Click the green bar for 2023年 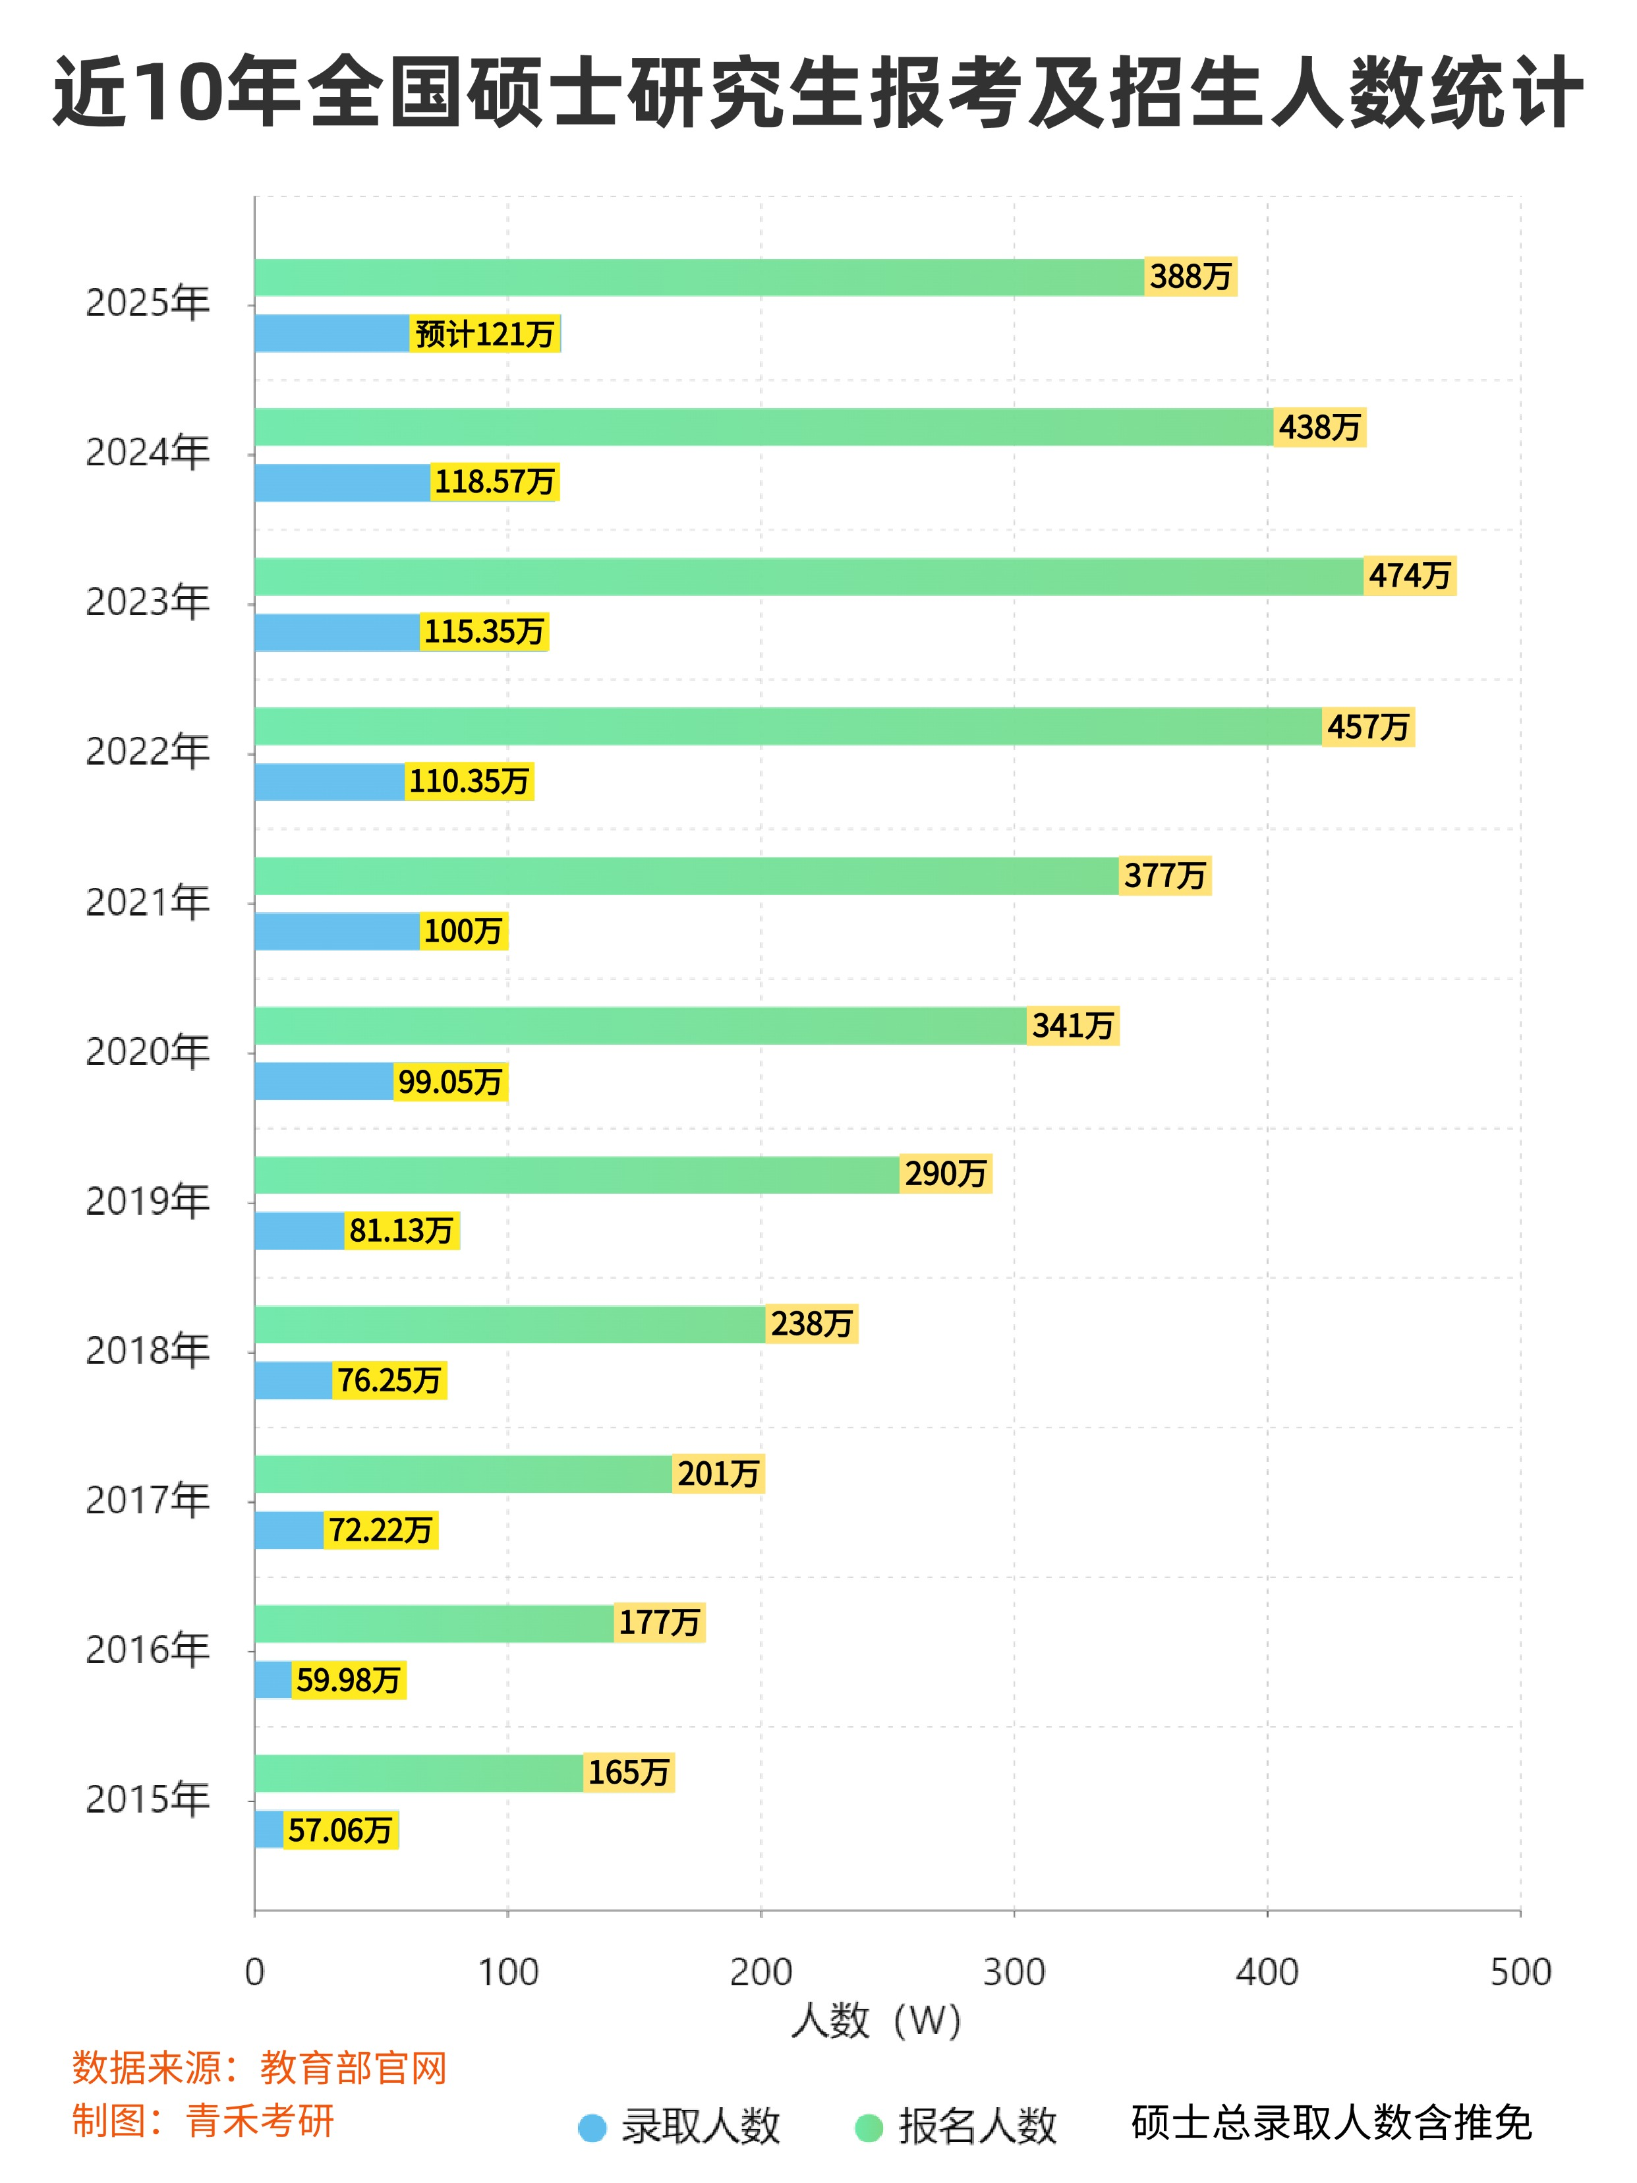tap(809, 576)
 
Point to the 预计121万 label tap(484, 334)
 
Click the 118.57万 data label tap(494, 482)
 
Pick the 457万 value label tap(1367, 728)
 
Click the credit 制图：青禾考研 tap(203, 2120)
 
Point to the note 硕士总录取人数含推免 tap(1331, 2122)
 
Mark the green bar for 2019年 tap(577, 1175)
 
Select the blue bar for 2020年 tap(324, 1081)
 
